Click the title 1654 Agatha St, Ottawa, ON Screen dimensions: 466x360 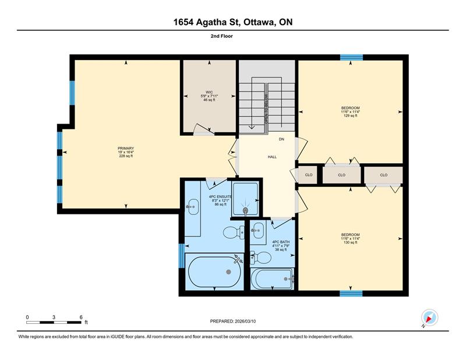click(232, 22)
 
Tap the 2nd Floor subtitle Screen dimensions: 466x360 click(222, 36)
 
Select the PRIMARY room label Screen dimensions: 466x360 click(126, 149)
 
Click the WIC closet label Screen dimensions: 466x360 click(209, 92)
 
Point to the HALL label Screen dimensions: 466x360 click(272, 157)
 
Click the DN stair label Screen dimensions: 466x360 click(281, 139)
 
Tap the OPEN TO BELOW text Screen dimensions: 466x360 click(266, 108)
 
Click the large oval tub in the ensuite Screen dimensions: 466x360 click(214, 271)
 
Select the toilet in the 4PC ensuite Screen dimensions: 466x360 click(234, 232)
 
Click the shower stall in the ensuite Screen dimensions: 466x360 click(245, 199)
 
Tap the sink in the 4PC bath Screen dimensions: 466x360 click(258, 230)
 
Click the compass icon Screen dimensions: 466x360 click(429, 317)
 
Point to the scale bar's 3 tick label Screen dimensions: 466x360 click(54, 317)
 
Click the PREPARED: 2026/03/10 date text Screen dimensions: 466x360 click(232, 322)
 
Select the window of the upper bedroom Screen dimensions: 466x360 click(351, 57)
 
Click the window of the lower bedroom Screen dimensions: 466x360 click(351, 294)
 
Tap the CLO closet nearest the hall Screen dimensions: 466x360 click(309, 175)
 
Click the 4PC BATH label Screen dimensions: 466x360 click(281, 242)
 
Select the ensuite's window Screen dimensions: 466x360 click(181, 256)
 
